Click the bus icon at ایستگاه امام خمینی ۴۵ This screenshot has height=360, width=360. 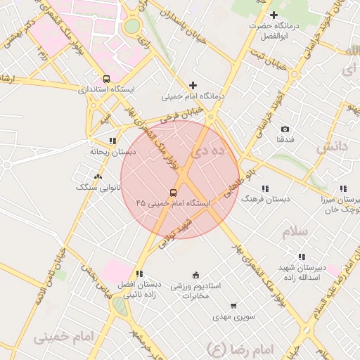[x=173, y=192]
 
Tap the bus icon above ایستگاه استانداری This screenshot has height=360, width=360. [x=106, y=79]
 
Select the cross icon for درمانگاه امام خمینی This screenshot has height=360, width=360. [x=193, y=85]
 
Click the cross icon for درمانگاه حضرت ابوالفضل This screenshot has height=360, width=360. [x=274, y=15]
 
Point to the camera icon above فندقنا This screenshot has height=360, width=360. [x=285, y=129]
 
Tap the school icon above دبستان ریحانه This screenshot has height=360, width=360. [x=112, y=141]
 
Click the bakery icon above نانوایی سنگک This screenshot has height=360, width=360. [x=97, y=177]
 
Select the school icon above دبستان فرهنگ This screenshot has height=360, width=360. [x=265, y=188]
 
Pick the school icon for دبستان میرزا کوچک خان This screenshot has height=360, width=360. [x=342, y=188]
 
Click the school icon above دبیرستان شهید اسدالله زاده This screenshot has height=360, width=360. [x=302, y=257]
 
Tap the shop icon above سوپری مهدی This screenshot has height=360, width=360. [x=233, y=306]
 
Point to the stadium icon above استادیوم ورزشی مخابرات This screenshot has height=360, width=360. [x=195, y=275]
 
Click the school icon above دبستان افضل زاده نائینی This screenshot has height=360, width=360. [x=139, y=274]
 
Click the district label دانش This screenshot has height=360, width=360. [x=332, y=147]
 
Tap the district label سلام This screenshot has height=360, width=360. [x=295, y=231]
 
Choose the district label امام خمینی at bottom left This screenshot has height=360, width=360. [x=63, y=337]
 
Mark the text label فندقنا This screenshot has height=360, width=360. [x=285, y=140]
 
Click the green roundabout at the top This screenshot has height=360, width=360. [x=132, y=26]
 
